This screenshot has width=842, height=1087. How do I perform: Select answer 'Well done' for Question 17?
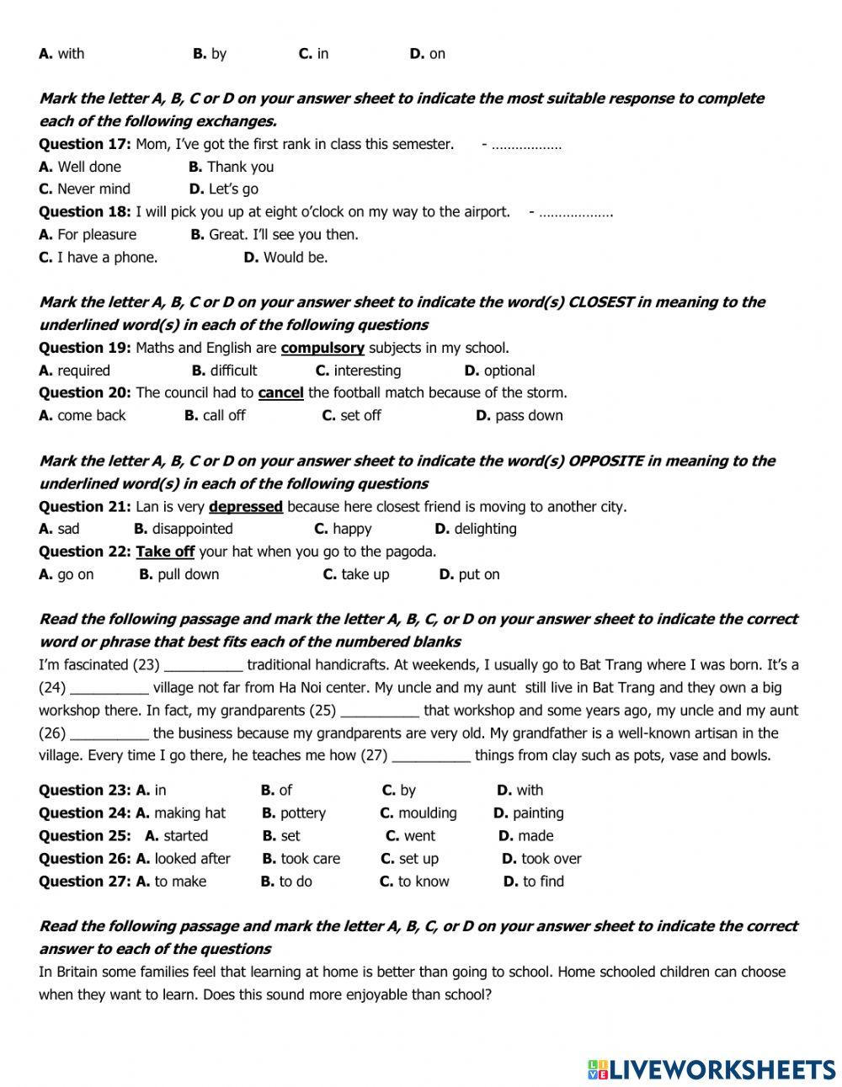pyautogui.click(x=88, y=167)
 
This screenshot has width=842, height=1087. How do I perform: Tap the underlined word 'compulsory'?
pyautogui.click(x=322, y=348)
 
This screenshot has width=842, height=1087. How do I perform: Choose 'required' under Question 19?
pyautogui.click(x=83, y=370)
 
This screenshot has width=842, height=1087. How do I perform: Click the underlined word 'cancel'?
pyautogui.click(x=280, y=393)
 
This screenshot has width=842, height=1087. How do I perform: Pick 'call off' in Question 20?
pyautogui.click(x=224, y=416)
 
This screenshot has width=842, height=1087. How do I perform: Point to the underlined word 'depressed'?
pyautogui.click(x=246, y=507)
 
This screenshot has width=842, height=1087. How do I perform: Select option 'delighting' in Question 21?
pyautogui.click(x=485, y=530)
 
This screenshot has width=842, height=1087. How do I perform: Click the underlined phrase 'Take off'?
pyautogui.click(x=165, y=552)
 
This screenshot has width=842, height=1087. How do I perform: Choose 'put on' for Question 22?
pyautogui.click(x=478, y=575)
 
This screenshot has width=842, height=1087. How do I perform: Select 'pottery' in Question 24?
pyautogui.click(x=302, y=813)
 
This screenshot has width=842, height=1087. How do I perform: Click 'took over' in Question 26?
pyautogui.click(x=551, y=859)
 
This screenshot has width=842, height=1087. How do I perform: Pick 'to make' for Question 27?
pyautogui.click(x=179, y=882)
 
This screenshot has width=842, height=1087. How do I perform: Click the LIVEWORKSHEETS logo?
pyautogui.click(x=711, y=1069)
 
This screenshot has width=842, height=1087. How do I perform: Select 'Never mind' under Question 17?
pyautogui.click(x=93, y=189)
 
